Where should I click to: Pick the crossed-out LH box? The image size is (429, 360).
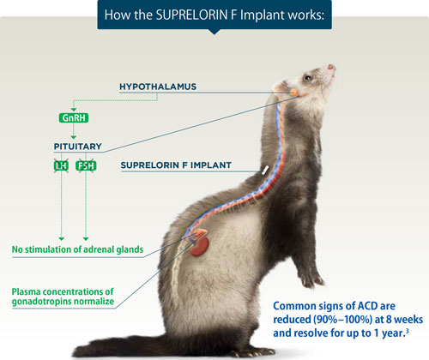coord(62,165)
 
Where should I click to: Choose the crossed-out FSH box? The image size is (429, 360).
coord(87,165)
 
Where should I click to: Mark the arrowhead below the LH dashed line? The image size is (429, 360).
coord(62,237)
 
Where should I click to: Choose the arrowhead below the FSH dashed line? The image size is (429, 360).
coord(87,237)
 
